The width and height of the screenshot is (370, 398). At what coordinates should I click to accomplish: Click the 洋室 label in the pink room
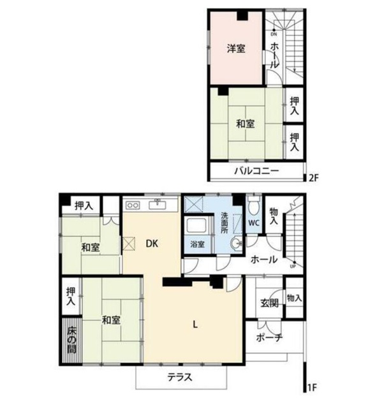236,48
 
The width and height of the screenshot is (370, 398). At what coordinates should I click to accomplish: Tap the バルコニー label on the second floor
256,171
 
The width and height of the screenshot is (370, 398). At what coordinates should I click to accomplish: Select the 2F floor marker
313,178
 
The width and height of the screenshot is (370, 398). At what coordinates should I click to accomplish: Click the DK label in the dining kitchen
152,244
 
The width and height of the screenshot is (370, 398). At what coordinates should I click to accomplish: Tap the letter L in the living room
195,325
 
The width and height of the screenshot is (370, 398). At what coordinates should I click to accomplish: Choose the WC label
254,223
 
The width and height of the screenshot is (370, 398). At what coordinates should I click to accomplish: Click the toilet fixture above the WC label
254,206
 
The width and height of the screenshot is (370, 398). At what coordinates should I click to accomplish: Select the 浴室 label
197,244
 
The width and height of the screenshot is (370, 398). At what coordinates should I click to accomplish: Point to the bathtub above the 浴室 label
196,225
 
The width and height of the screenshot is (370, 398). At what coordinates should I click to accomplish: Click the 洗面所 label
225,223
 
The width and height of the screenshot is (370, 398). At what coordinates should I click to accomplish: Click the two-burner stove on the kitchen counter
133,205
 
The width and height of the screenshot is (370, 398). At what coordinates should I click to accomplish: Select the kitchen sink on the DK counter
158,204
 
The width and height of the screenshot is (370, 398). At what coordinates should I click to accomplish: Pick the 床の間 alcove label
71,340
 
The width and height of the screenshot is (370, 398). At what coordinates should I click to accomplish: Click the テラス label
180,378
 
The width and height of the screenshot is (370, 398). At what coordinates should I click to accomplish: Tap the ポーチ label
269,337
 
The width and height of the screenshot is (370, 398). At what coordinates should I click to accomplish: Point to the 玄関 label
269,303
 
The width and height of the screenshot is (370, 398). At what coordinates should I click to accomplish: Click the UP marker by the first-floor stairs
293,267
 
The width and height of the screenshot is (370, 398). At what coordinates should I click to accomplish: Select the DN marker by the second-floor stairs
274,34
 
